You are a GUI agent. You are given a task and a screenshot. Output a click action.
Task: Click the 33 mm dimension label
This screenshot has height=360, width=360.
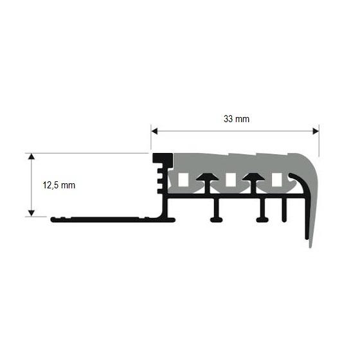236,119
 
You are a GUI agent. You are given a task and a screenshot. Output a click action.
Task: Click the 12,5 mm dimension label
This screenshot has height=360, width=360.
59,185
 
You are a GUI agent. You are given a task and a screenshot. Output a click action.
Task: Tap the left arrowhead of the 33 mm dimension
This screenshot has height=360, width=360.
155,131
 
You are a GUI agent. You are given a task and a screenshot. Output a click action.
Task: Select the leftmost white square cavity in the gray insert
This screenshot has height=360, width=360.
184,180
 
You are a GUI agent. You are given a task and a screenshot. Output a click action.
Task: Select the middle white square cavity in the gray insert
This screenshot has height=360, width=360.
230,180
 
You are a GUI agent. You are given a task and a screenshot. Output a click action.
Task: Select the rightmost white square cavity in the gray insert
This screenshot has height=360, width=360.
277,180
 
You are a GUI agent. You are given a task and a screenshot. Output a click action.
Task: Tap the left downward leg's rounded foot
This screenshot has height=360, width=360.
217,219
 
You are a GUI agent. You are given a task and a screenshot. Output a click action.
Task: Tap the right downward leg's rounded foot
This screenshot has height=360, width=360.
263,219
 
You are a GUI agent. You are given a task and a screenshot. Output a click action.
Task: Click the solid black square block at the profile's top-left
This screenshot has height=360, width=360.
161,159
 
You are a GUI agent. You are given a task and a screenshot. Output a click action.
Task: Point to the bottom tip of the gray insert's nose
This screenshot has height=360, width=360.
310,245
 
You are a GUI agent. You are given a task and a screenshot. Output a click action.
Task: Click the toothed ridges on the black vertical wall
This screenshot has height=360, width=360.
158,181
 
